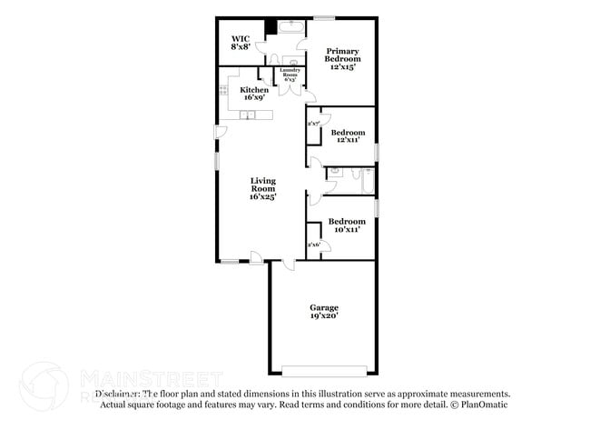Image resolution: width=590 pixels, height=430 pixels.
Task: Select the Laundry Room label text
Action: coord(290,74)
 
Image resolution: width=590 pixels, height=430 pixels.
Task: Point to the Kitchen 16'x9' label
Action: coord(254,94)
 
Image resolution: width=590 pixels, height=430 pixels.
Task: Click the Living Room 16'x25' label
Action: coord(263,188)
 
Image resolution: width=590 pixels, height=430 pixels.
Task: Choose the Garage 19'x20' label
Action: coord(323,313)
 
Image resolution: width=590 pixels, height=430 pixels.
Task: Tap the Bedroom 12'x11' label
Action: coord(346,136)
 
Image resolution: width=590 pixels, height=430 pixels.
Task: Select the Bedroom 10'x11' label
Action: coord(346,225)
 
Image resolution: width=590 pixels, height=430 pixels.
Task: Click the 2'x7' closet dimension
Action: coord(313,123)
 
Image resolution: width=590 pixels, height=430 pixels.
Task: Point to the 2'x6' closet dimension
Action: coord(313,245)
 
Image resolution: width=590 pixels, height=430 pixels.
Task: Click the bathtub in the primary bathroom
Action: coord(290,27)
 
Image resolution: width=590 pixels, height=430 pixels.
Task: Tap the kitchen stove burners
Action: coord(222,89)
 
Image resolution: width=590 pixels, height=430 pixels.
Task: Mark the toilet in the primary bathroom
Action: coord(289,59)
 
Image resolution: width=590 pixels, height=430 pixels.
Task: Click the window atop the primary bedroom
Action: coord(324,17)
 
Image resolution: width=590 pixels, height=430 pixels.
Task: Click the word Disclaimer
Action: coord(118,394)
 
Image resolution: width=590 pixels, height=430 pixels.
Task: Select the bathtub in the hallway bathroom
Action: coord(368,180)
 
